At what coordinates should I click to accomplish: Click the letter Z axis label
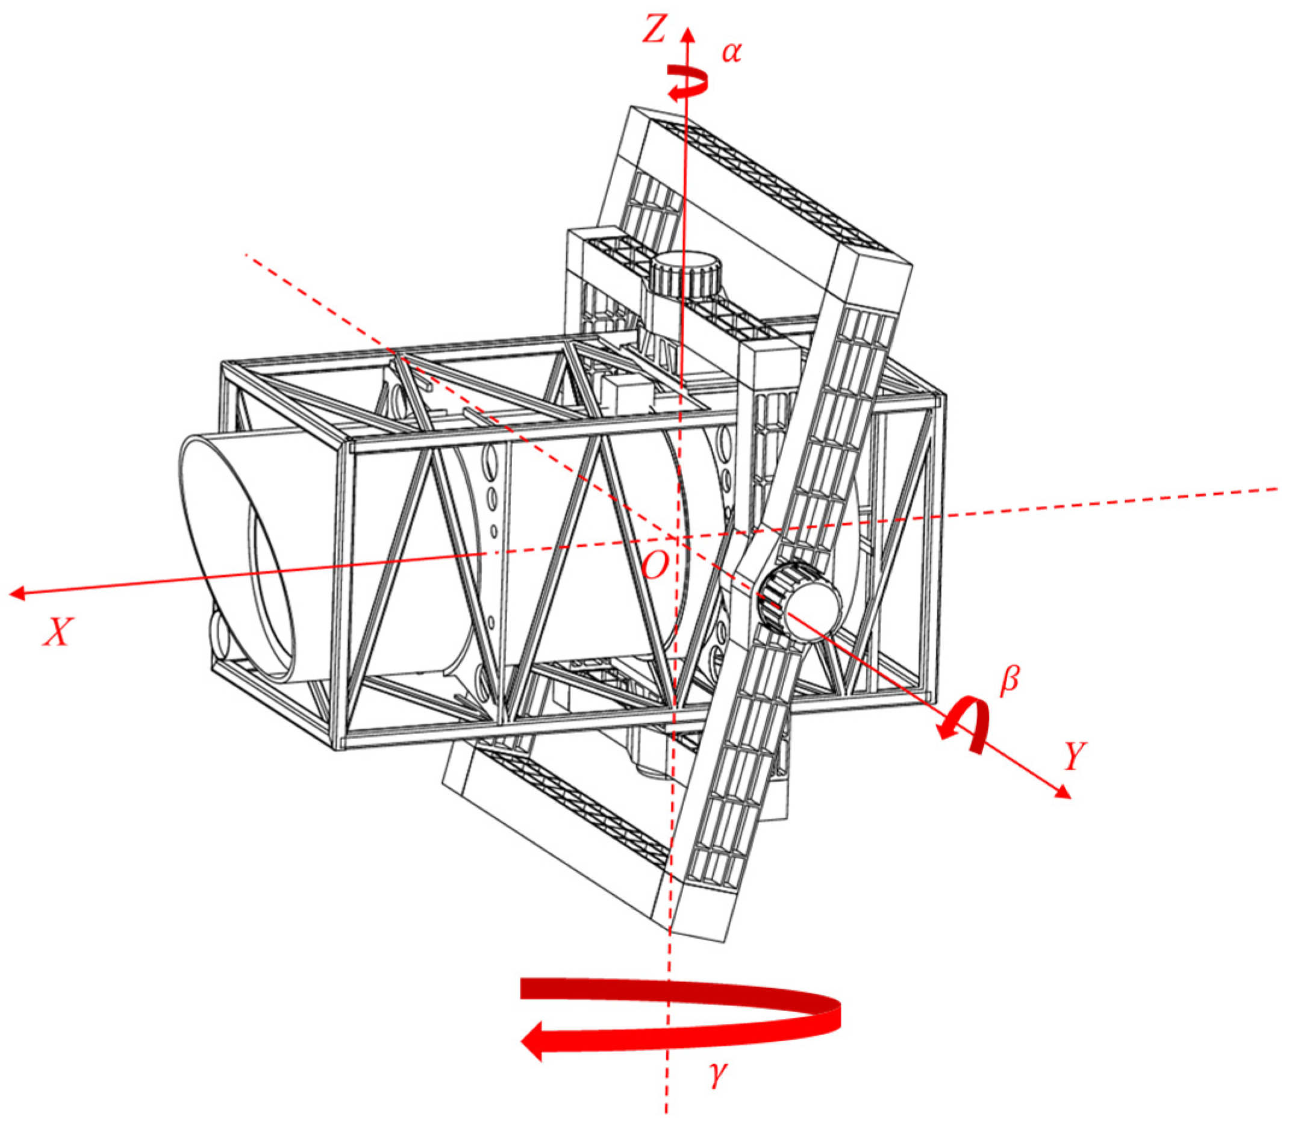coord(654,30)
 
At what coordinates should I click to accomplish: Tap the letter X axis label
coord(58,631)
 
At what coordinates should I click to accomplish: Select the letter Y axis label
coord(1075,757)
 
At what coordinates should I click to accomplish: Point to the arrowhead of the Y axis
coord(1064,792)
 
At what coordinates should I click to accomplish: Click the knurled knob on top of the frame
coord(685,275)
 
